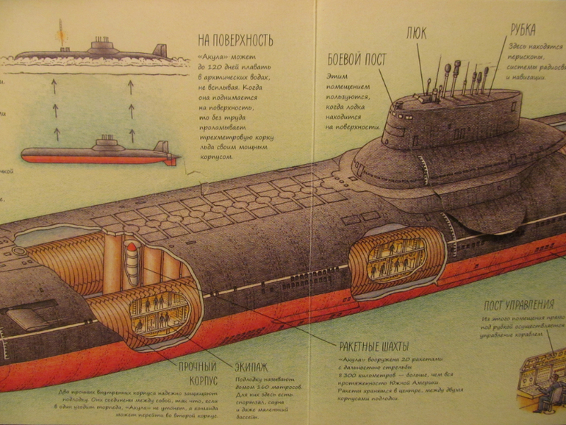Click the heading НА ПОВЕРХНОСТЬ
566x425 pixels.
click(x=235, y=40)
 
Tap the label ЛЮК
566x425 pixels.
click(x=416, y=33)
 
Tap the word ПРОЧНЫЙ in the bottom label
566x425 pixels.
click(x=198, y=365)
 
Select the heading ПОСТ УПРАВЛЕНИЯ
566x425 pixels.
click(x=518, y=306)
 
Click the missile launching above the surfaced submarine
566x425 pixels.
click(x=60, y=32)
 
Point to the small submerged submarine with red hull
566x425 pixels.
click(x=99, y=152)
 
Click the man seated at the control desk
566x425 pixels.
click(x=540, y=382)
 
